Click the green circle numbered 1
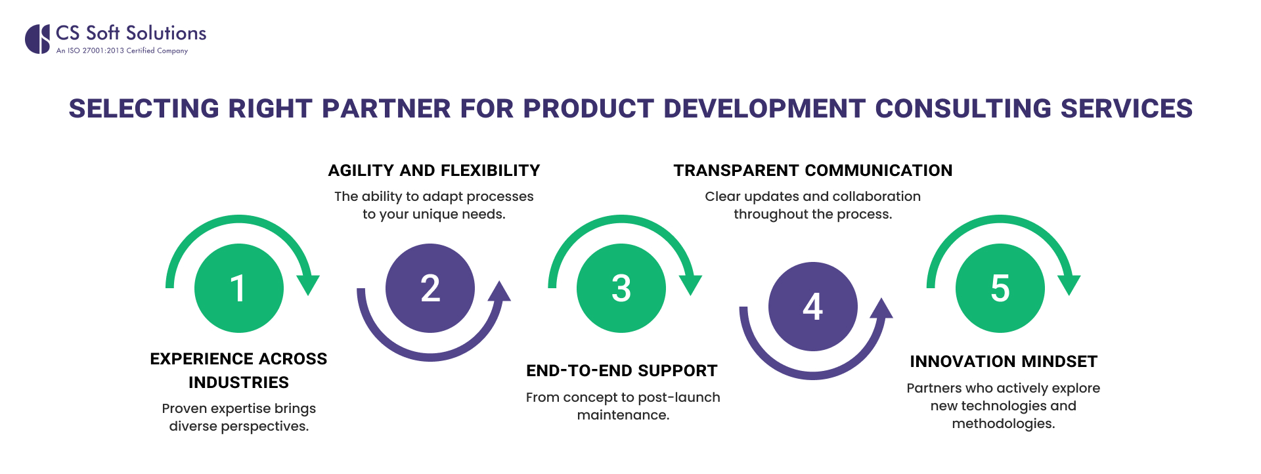pos(239,288)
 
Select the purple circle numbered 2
pos(430,288)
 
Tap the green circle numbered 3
pos(621,288)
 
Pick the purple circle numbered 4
pos(813,307)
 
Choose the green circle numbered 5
pos(1000,288)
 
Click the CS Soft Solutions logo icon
pos(37,39)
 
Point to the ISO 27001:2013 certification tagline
pos(122,51)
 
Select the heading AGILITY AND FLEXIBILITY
pos(433,171)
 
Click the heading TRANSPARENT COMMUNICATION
pos(812,171)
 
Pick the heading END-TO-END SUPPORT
pos(621,371)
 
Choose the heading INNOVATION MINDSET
pos(1003,362)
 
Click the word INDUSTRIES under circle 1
pos(238,383)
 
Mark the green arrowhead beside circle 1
pos(307,284)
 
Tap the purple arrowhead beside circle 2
pos(500,291)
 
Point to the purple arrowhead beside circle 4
pos(882,309)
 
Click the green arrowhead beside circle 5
pos(1069,284)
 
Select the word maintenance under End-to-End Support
pos(621,416)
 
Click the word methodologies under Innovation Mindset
pos(1002,424)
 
